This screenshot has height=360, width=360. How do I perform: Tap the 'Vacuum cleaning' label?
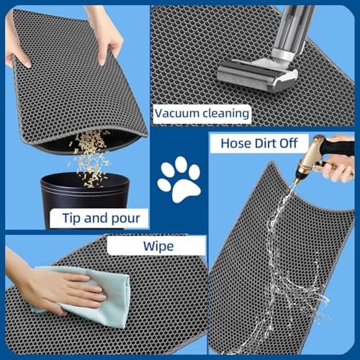[x=202, y=113]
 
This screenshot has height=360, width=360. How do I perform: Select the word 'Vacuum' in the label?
[x=177, y=113]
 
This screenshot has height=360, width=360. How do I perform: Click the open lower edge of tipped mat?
[x=86, y=140]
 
